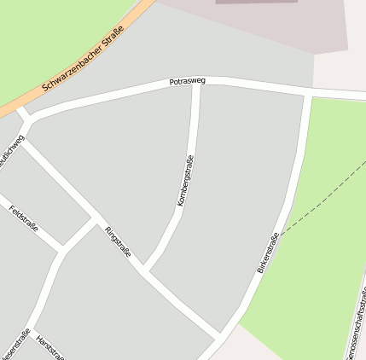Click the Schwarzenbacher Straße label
tap(83, 61)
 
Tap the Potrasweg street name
tap(187, 82)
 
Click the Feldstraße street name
tap(23, 218)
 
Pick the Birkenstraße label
tap(267, 253)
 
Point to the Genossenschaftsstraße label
tap(357, 324)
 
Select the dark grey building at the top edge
tap(256, 3)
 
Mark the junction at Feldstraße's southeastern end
tap(62, 251)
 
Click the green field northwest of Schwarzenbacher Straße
tap(43, 34)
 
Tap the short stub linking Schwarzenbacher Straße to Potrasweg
tap(21, 112)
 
